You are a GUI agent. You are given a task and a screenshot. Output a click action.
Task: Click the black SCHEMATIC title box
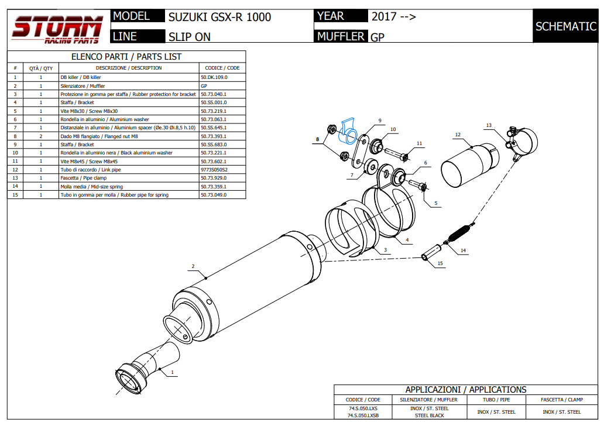(x=565, y=26)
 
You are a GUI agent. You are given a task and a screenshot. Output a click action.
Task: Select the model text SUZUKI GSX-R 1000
(x=219, y=17)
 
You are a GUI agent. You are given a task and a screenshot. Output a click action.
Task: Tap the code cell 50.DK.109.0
(x=214, y=77)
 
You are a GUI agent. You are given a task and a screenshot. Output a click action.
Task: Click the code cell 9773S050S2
(x=214, y=170)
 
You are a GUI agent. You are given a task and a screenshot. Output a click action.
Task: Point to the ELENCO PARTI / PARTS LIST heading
(x=126, y=57)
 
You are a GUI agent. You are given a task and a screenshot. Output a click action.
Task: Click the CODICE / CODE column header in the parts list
(x=222, y=68)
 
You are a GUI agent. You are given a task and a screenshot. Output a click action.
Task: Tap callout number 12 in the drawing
(x=458, y=135)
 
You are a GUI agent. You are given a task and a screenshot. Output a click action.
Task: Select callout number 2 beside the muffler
(x=193, y=266)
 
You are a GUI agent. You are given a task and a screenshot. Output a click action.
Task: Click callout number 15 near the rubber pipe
(x=440, y=264)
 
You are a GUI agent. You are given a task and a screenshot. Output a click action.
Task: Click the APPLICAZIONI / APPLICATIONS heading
(x=465, y=390)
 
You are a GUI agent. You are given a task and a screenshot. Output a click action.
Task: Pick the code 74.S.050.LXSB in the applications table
(x=362, y=415)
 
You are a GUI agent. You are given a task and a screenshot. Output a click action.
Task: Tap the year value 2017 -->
(x=393, y=17)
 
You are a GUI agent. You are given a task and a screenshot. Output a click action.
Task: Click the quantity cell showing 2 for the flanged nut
(x=41, y=136)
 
